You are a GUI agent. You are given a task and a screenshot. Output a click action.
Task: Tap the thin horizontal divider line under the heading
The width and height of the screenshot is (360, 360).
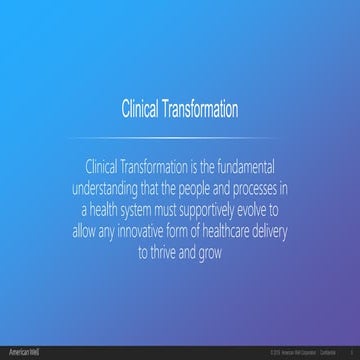click(x=180, y=136)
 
